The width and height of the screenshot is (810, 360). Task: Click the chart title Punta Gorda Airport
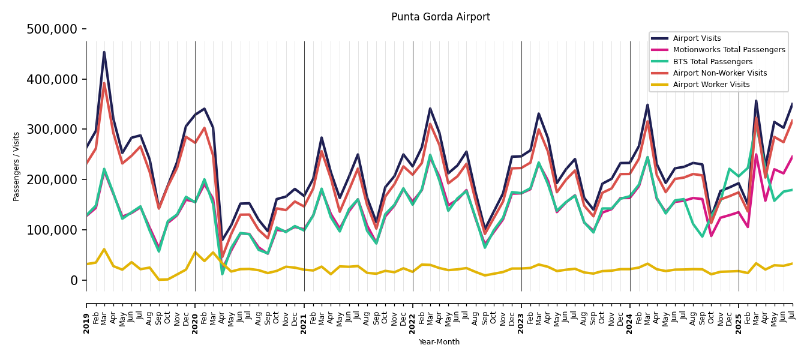click(x=440, y=17)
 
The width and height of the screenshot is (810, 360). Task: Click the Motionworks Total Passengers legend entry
click(x=728, y=50)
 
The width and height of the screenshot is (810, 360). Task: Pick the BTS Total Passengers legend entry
click(x=712, y=62)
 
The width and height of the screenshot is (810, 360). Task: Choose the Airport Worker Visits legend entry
click(x=711, y=85)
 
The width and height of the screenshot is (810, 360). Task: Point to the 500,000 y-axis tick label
click(x=52, y=29)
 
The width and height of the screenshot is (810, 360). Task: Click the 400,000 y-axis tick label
click(x=52, y=79)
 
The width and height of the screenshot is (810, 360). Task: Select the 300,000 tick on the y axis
click(x=52, y=130)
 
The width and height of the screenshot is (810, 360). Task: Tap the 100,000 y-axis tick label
click(x=52, y=230)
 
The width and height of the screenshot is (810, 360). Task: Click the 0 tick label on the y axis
click(x=73, y=280)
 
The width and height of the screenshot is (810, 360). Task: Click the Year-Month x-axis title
click(x=439, y=342)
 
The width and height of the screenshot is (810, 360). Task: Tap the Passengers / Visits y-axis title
click(x=17, y=166)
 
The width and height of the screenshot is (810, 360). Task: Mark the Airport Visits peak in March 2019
click(x=104, y=52)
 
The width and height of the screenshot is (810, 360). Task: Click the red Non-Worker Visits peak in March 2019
click(x=104, y=83)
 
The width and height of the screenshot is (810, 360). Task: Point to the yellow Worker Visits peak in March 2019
click(x=104, y=249)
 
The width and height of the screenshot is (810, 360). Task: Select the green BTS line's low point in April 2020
click(x=222, y=274)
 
